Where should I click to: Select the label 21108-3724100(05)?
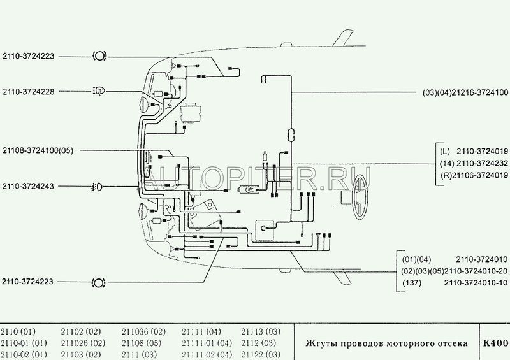click(38, 150)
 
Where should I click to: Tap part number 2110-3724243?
click(28, 187)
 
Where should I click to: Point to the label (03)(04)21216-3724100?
click(465, 92)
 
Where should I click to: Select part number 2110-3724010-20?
click(453, 270)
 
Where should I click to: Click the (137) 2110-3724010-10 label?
click(453, 282)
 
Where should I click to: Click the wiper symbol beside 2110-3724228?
click(99, 91)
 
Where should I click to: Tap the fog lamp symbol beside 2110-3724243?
click(99, 187)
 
